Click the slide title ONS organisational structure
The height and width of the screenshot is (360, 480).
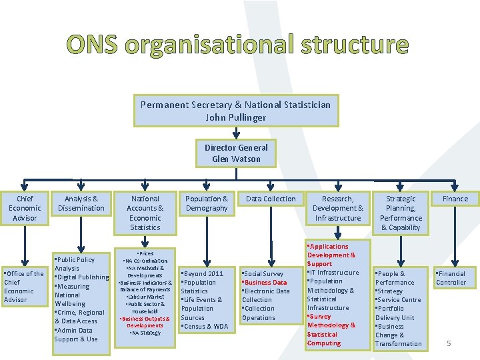click(x=237, y=45)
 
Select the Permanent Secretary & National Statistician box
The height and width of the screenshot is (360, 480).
click(x=235, y=111)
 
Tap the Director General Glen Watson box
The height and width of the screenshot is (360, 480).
click(x=236, y=153)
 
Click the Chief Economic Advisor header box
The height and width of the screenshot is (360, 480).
click(x=25, y=208)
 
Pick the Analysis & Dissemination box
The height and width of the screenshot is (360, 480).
click(x=81, y=203)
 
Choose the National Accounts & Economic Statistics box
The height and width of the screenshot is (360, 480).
click(x=145, y=213)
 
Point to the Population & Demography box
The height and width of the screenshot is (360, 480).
click(x=207, y=203)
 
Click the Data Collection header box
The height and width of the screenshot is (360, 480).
click(x=271, y=199)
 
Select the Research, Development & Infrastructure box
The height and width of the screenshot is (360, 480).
click(x=338, y=208)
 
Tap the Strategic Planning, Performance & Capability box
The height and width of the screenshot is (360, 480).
click(x=401, y=213)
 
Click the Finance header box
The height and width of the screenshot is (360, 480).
click(x=455, y=199)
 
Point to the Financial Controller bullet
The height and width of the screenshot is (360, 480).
click(x=451, y=278)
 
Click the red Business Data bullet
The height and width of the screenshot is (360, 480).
click(x=267, y=283)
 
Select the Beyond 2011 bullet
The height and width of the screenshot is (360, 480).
click(x=205, y=274)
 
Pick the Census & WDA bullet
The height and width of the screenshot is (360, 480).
click(x=206, y=327)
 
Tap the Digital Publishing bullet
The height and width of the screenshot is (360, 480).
click(x=83, y=277)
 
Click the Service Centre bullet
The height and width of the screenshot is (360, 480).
click(x=399, y=300)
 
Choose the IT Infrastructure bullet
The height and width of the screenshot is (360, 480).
click(x=335, y=273)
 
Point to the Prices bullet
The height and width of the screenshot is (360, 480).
click(x=145, y=254)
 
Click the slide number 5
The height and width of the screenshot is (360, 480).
click(x=449, y=343)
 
